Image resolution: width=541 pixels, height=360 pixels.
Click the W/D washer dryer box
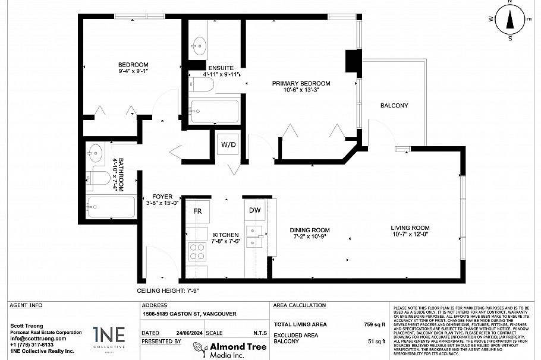228,144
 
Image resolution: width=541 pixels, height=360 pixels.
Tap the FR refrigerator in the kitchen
197,211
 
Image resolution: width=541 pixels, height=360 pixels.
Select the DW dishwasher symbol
254,210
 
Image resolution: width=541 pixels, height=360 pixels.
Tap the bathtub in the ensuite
214,111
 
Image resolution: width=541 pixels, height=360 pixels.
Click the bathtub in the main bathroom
111,207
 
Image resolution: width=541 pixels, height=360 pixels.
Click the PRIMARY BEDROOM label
301,84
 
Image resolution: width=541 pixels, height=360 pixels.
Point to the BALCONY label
394,106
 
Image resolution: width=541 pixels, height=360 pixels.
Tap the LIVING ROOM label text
410,228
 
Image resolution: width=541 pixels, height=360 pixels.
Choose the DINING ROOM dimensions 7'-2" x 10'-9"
309,237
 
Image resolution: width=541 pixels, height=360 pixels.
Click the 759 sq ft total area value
375,325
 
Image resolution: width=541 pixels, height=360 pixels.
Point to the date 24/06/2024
185,333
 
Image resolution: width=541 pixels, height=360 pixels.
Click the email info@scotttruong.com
37,339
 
